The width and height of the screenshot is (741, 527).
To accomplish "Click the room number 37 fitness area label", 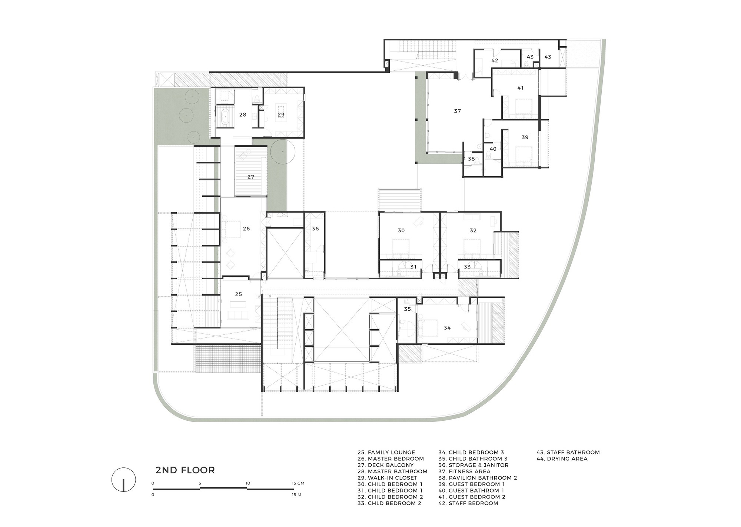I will click(457, 111).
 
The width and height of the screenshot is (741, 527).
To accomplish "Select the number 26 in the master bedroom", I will click(246, 229).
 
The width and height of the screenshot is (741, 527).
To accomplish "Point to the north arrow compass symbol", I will click(123, 480).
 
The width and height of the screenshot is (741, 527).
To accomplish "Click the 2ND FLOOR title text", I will click(185, 470).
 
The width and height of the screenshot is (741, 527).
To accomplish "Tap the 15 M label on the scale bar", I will click(296, 494).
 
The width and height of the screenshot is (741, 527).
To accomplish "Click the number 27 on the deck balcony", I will click(251, 177).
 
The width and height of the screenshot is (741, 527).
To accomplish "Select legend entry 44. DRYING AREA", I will click(562, 459).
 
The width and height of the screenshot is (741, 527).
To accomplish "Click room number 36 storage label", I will click(315, 229).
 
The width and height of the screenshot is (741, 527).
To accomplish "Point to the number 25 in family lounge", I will click(238, 294).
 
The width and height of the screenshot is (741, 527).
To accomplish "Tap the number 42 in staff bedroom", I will click(495, 60).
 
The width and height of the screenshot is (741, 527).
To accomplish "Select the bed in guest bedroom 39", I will click(523, 154).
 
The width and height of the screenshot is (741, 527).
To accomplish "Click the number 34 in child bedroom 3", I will click(447, 328).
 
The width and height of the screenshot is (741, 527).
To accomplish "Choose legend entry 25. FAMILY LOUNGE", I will click(386, 453).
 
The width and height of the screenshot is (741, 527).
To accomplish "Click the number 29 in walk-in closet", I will click(281, 114).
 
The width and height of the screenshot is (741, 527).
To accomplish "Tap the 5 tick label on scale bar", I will click(200, 483).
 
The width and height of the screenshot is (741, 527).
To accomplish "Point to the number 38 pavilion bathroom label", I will click(471, 159).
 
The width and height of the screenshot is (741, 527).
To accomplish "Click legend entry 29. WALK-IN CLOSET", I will click(387, 478).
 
